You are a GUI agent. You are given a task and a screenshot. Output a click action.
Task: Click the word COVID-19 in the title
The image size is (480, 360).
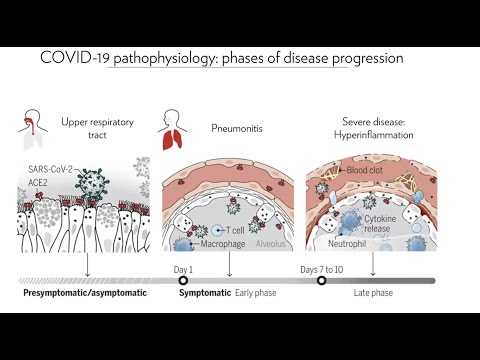pyautogui.click(x=73, y=58)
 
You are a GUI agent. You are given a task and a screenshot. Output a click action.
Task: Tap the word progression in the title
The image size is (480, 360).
pyautogui.click(x=366, y=58)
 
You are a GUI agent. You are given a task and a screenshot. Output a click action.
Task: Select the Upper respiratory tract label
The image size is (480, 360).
pyautogui.click(x=101, y=127)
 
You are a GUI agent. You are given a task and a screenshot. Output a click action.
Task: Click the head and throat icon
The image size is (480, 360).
pyautogui.click(x=34, y=127)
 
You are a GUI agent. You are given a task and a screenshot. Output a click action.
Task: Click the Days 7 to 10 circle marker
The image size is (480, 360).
pyautogui.click(x=322, y=281)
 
